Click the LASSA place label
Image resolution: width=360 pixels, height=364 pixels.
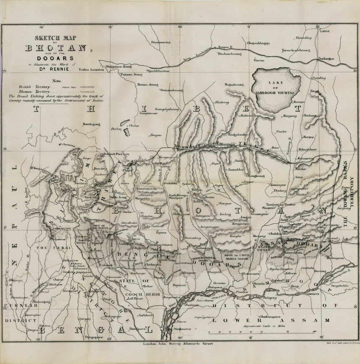coord(325,31)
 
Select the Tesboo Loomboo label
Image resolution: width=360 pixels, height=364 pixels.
coord(90,69)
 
